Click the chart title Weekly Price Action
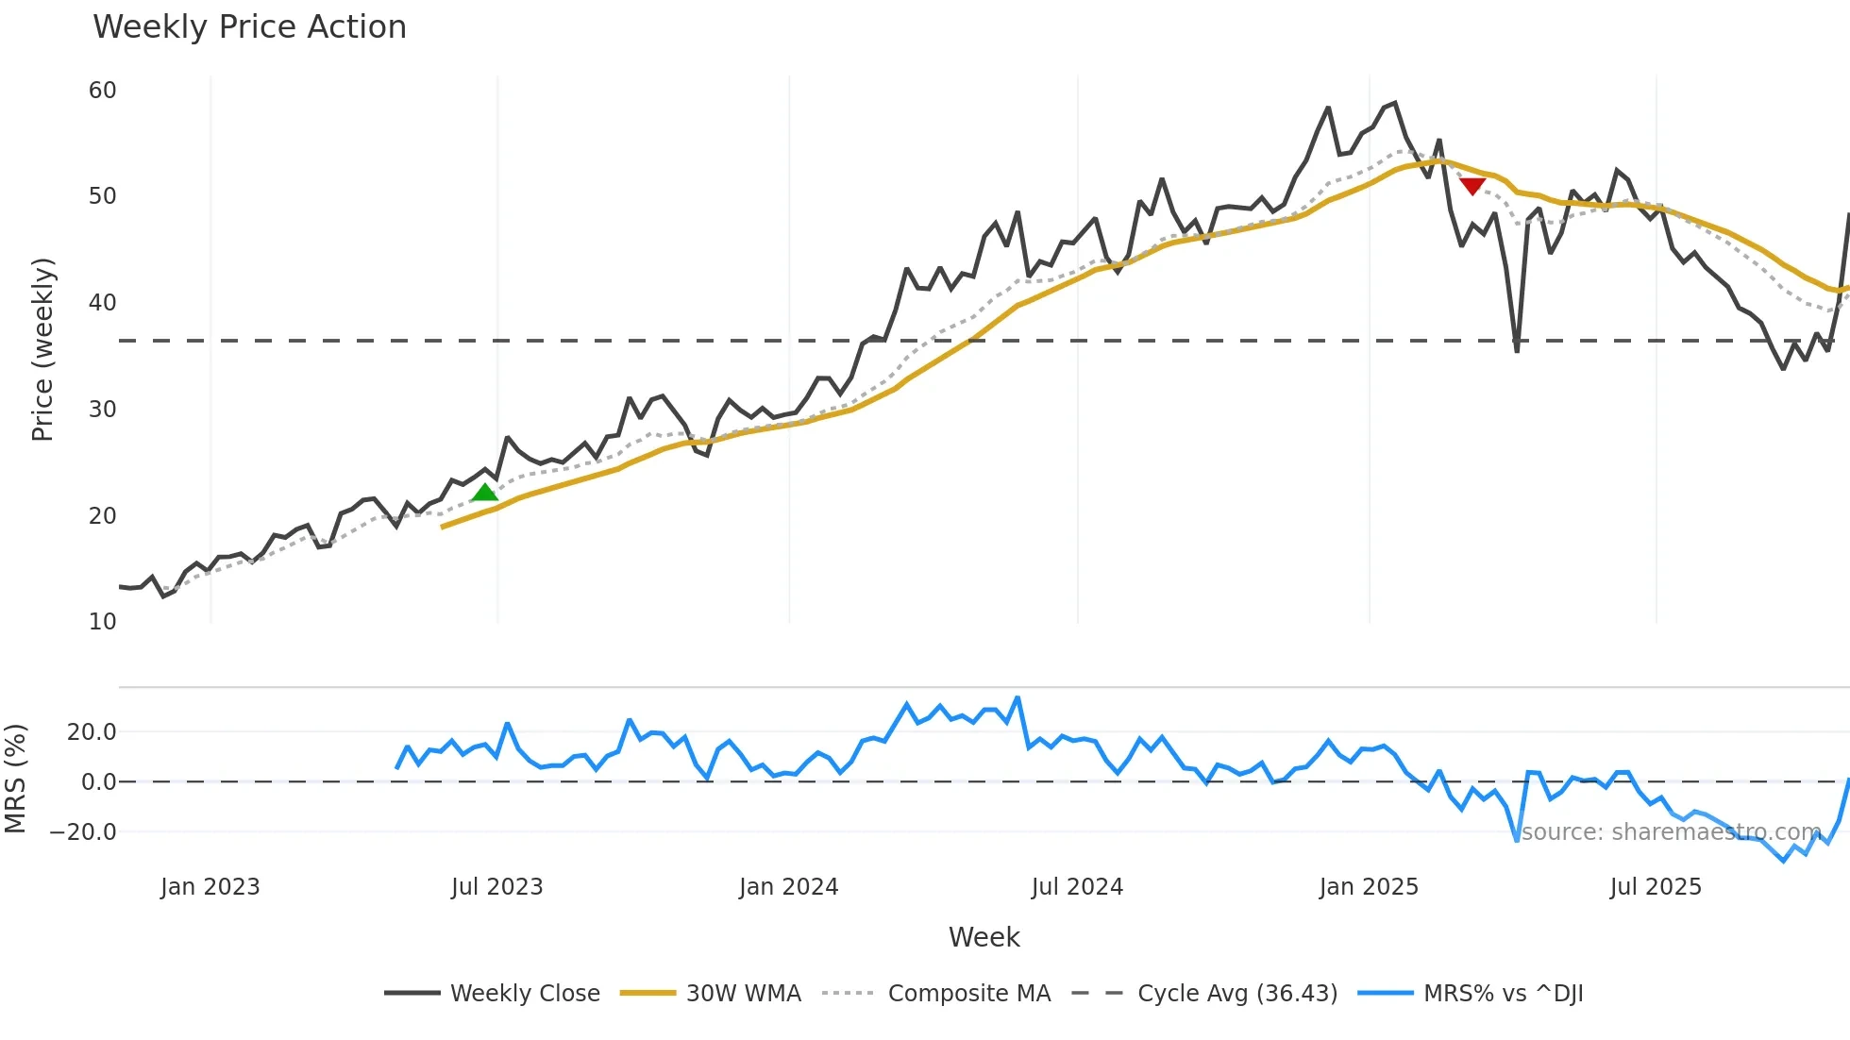249,27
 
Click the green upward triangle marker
484,493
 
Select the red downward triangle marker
1472,186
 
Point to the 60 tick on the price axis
102,91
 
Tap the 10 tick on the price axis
102,622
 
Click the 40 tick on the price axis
102,303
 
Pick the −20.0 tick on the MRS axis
83,832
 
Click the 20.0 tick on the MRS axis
92,732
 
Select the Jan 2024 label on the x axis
788,887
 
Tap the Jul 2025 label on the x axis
1656,887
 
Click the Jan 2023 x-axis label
210,887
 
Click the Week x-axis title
984,937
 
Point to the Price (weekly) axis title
42,349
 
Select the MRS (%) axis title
16,779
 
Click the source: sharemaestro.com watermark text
1671,832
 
